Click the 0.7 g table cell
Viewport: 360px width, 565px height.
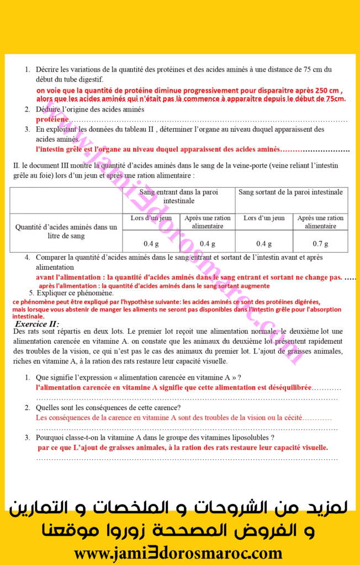click(x=320, y=243)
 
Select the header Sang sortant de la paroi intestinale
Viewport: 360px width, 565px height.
click(x=290, y=192)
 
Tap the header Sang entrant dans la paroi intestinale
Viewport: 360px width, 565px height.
click(x=179, y=196)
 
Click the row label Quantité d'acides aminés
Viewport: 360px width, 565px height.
click(x=66, y=231)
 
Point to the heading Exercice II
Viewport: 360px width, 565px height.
click(x=37, y=324)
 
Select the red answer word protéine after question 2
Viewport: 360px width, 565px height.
click(x=52, y=119)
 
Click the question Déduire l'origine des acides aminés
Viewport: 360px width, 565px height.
click(x=90, y=109)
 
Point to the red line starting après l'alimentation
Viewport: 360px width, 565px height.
click(x=154, y=286)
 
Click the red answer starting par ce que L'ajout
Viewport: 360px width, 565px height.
click(x=183, y=447)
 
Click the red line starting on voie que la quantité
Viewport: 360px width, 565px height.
click(x=190, y=91)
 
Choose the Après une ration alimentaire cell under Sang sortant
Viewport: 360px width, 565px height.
click(x=320, y=222)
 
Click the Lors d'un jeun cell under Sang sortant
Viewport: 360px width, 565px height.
click(x=264, y=218)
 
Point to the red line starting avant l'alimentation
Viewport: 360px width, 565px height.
click(x=189, y=277)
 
